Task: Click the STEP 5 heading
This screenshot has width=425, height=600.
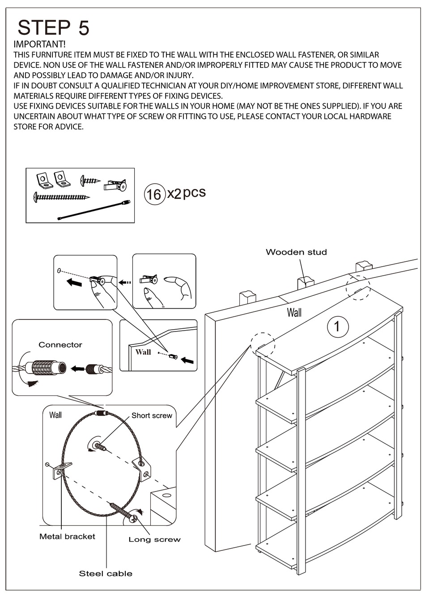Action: [x=54, y=28]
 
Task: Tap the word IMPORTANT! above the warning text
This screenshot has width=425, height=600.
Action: [x=39, y=44]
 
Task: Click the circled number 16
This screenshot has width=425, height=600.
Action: [x=153, y=194]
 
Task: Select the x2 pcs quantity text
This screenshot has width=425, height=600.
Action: [x=186, y=193]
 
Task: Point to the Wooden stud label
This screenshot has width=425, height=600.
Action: [x=296, y=252]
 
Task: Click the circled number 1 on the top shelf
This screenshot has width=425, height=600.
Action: [x=337, y=326]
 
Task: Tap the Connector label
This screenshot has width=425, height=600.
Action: [x=60, y=344]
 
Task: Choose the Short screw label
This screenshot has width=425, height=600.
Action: [x=152, y=415]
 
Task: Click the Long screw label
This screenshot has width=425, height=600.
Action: [x=154, y=539]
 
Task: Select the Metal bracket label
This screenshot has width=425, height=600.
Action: [x=67, y=536]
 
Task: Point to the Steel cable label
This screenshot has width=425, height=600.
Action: [x=106, y=573]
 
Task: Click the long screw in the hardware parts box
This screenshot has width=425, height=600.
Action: [x=61, y=197]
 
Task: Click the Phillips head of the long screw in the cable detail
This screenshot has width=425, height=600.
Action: [x=133, y=519]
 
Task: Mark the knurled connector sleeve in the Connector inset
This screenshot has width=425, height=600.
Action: [x=46, y=368]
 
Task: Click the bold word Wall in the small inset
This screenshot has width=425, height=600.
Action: [x=143, y=352]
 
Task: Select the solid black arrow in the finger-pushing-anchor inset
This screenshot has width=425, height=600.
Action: [x=75, y=282]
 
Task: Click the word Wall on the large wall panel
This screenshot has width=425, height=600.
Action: [x=294, y=313]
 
